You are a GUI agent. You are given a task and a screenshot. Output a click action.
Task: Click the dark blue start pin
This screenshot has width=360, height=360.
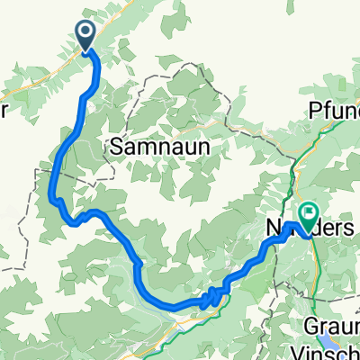point(86,35)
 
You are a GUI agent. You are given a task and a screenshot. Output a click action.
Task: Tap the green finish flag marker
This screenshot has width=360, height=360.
point(309,215)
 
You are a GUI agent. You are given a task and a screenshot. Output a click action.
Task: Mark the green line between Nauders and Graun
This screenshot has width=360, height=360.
point(316,270)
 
